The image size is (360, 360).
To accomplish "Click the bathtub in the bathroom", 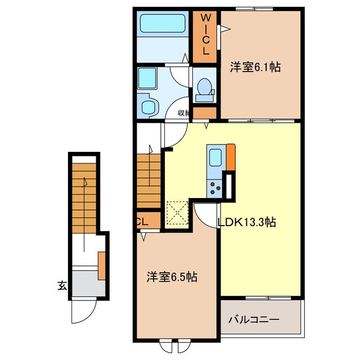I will pos(163,24).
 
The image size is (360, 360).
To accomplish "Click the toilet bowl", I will pos(205,88).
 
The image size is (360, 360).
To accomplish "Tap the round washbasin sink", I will pos(148,106).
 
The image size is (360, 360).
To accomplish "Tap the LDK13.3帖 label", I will pos(246,222).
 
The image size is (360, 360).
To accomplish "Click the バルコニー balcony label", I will pos(254,320).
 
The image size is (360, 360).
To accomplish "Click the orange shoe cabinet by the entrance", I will pos(102,265).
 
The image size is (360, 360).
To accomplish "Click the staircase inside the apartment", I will pos(149,180).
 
